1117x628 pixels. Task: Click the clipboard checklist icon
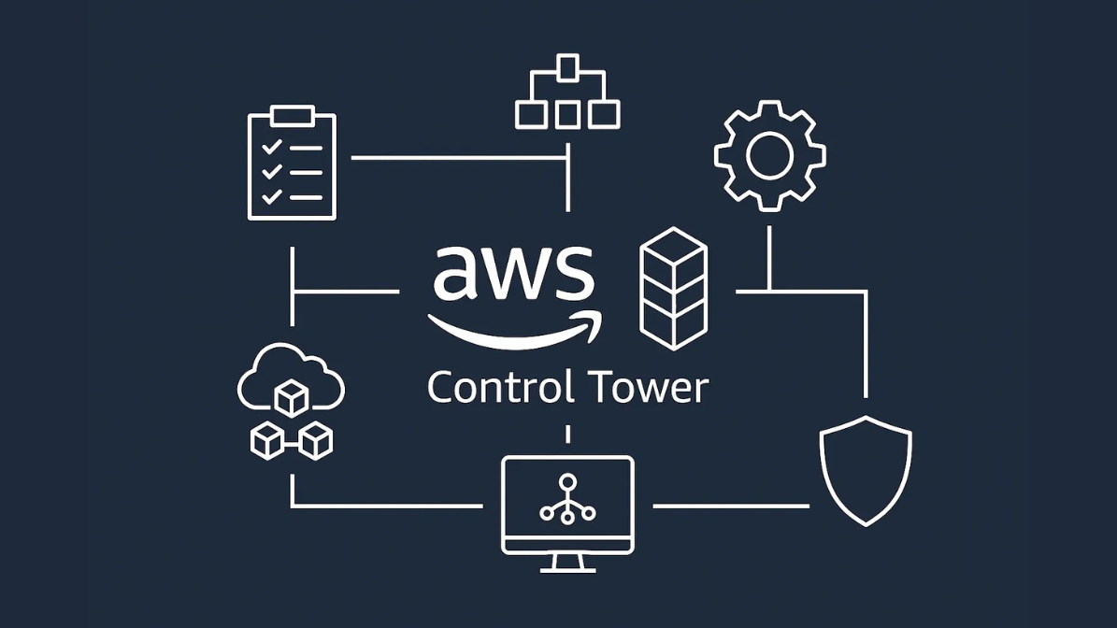[x=292, y=164]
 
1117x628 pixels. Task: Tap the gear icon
[x=769, y=155]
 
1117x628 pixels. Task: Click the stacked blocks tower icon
[x=673, y=288]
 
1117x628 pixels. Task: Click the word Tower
[x=648, y=387]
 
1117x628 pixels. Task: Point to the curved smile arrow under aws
[x=514, y=329]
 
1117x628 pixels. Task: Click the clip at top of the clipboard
[x=292, y=116]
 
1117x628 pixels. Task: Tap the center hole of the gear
[x=769, y=155]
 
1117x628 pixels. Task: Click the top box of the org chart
[x=567, y=67]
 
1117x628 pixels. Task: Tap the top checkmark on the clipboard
[x=272, y=148]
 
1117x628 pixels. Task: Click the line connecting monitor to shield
[x=730, y=506]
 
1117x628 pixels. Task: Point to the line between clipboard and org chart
[x=458, y=158]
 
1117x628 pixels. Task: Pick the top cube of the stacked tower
[x=673, y=250]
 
